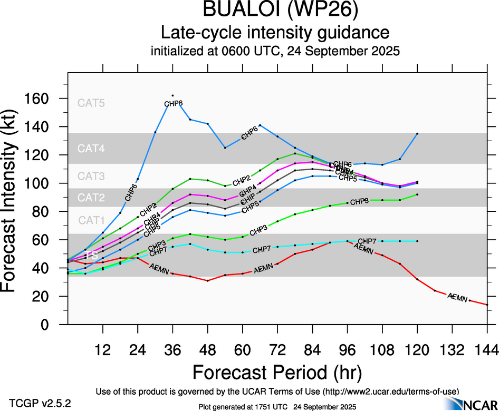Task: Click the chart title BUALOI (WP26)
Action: [275, 11]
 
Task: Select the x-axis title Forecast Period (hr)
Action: [276, 372]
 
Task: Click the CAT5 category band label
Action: [91, 103]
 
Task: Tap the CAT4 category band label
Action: [91, 149]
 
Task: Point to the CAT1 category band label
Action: [91, 220]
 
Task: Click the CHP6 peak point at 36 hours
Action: [172, 95]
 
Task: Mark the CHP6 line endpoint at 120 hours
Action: [417, 134]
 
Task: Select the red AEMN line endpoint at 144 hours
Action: [487, 305]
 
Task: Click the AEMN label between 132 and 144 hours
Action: [457, 298]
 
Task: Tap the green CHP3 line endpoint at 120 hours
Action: [417, 194]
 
